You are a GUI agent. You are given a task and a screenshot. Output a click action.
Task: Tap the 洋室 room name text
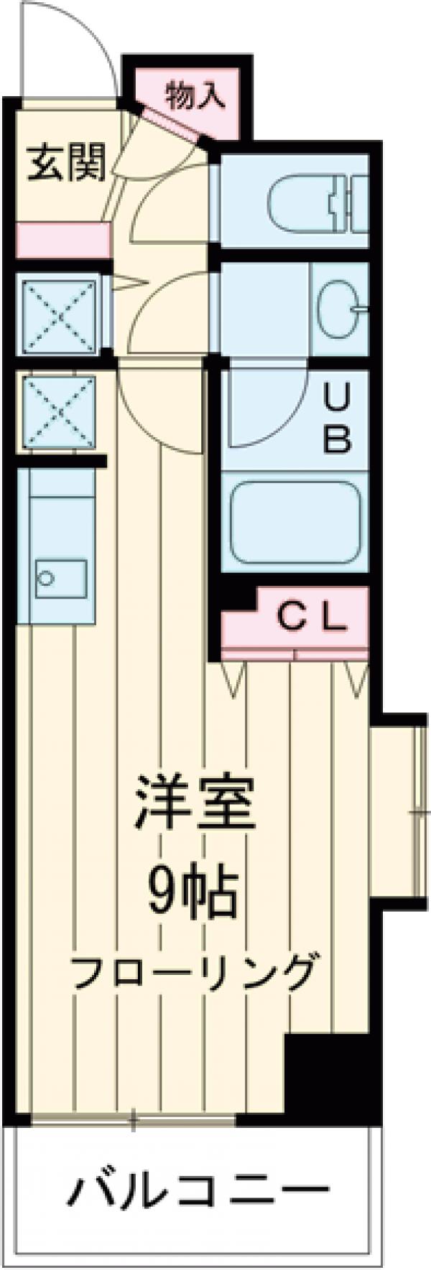[194, 803]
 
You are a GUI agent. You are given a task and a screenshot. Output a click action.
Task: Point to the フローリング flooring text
[194, 973]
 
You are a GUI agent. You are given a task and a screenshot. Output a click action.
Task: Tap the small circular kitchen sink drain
[46, 578]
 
